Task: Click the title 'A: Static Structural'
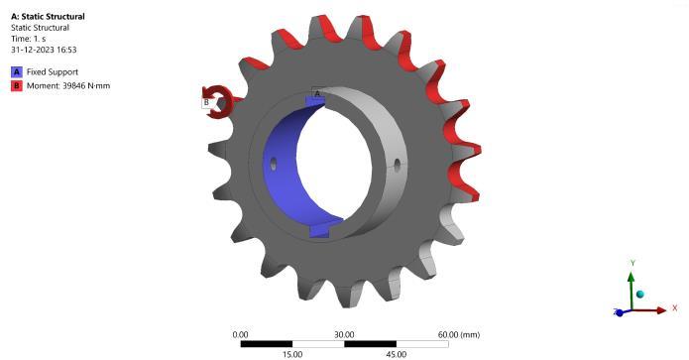coord(48,17)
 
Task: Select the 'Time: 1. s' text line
coord(28,39)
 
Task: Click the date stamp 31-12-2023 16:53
coord(44,50)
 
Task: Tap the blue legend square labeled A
coord(17,72)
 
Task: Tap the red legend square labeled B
coord(17,85)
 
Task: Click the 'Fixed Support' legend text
coord(53,72)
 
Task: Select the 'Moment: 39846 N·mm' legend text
coord(68,85)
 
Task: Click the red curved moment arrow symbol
coord(218,101)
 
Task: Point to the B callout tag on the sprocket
coord(206,103)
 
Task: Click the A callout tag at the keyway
coord(317,93)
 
